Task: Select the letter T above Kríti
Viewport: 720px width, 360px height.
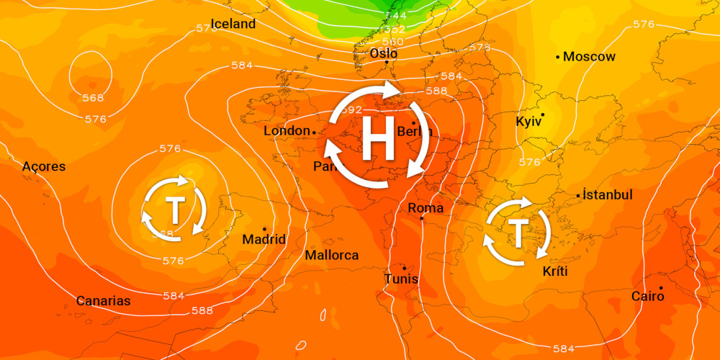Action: [x=518, y=233]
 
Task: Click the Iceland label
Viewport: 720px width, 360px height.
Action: [x=233, y=24]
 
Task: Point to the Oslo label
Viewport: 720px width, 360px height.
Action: [x=383, y=53]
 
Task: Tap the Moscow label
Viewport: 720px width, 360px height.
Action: [x=590, y=56]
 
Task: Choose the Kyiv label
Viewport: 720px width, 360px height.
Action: [x=528, y=122]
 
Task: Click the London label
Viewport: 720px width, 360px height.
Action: [x=287, y=131]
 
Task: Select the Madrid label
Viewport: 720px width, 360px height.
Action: [x=264, y=239]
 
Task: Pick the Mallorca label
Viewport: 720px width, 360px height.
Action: [x=331, y=256]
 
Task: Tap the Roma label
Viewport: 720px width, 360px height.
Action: [x=426, y=208]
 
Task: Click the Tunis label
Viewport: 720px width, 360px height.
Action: [x=401, y=279]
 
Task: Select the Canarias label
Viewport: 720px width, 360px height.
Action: [x=104, y=300]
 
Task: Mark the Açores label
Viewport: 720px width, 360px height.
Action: [x=43, y=166]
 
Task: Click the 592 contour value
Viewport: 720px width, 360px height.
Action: [x=350, y=110]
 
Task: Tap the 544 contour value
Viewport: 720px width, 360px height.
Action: [x=395, y=14]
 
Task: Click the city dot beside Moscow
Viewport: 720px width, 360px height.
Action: [x=558, y=56]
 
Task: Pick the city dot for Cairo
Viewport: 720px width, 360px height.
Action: [x=660, y=288]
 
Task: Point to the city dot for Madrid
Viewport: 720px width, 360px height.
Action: [x=264, y=229]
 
